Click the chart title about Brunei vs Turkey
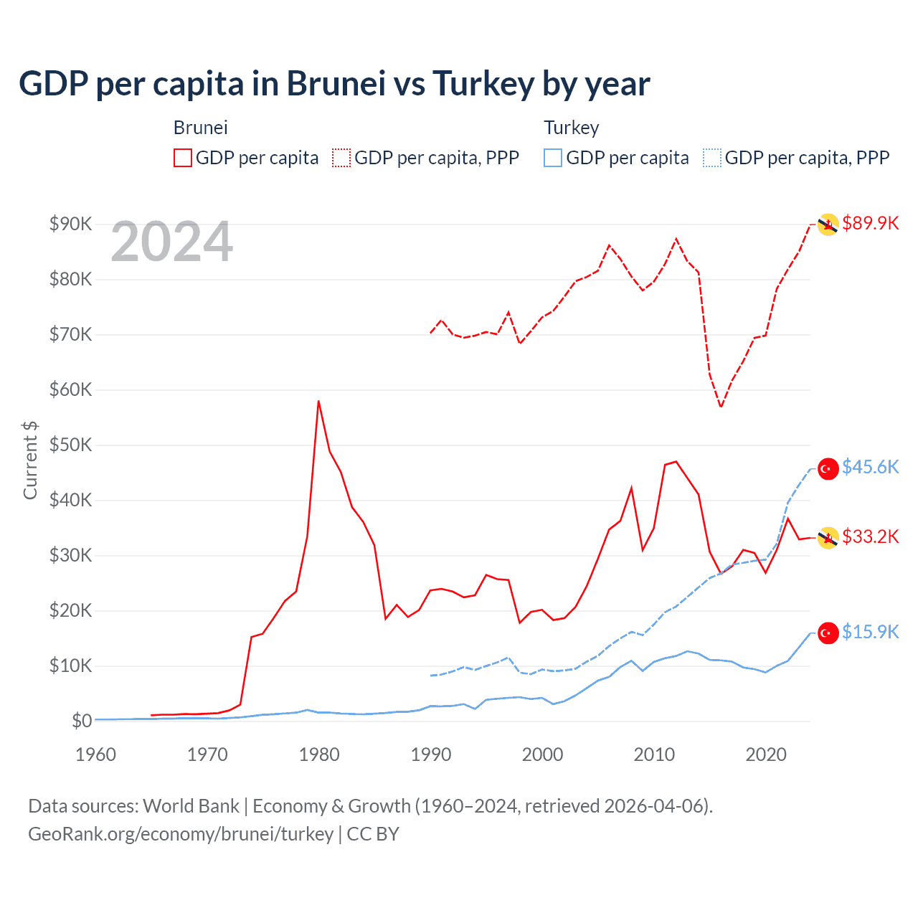[x=334, y=84]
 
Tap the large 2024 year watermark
[x=172, y=242]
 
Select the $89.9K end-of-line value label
[x=870, y=223]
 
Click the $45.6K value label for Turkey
[x=870, y=467]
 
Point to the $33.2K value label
[x=870, y=536]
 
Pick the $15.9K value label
[x=870, y=632]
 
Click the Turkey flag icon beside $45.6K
[x=828, y=468]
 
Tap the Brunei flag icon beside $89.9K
[x=828, y=224]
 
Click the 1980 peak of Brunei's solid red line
[x=318, y=402]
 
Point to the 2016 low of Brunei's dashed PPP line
[x=721, y=407]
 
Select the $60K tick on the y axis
[x=70, y=389]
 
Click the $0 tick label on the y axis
[x=82, y=721]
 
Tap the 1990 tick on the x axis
[x=431, y=754]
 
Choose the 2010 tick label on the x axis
[x=654, y=754]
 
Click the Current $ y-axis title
[x=30, y=460]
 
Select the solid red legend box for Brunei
[x=183, y=158]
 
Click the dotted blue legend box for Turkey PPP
[x=712, y=158]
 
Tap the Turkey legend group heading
[x=571, y=128]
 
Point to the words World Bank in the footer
[x=191, y=806]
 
